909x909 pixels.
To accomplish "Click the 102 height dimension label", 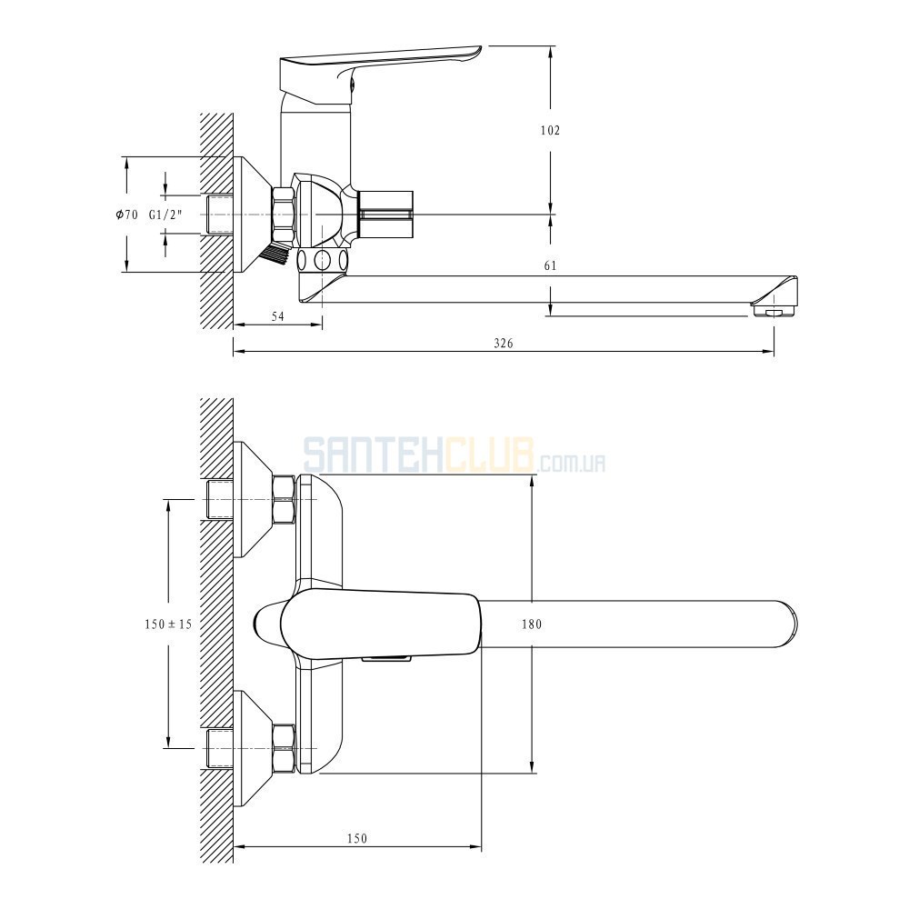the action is [550, 130].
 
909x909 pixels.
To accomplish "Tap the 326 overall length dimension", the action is [504, 344].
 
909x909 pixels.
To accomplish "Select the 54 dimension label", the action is [278, 316].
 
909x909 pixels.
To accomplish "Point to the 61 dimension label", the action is [550, 265].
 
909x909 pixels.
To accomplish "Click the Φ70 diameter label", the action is [127, 215].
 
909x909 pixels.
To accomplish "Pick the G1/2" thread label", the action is [165, 215].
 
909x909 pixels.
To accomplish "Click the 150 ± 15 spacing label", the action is [168, 624].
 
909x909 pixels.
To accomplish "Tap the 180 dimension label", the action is [532, 624].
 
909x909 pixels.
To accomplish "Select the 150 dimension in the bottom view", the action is [357, 838].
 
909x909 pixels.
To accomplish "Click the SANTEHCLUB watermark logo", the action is [454, 455].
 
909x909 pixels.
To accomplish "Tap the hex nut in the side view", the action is [284, 214].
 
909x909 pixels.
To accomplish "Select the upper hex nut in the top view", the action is [284, 499].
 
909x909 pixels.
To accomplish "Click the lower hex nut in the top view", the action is [284, 748].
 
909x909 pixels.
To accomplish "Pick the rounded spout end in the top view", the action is [788, 624].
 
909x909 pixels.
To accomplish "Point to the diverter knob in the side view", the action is [385, 214].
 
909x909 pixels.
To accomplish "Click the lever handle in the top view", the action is [380, 625].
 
